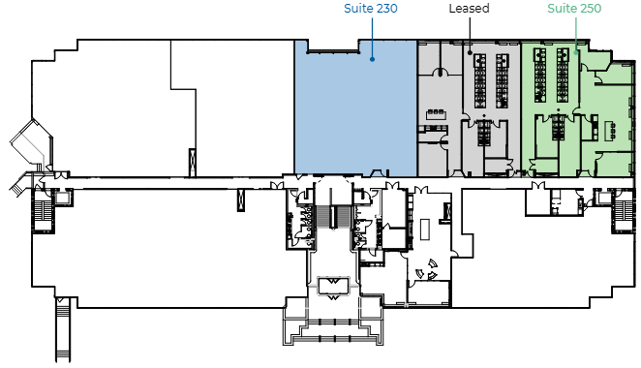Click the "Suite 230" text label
[371, 8]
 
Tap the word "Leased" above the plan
[469, 8]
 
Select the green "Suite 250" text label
[574, 8]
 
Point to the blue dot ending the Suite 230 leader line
[372, 59]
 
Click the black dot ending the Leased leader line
[470, 52]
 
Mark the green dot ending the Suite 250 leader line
[576, 52]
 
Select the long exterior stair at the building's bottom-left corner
[63, 329]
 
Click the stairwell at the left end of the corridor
[42, 210]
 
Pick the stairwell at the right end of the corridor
[623, 211]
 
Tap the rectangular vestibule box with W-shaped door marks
[334, 286]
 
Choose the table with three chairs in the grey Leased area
[436, 113]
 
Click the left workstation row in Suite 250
[540, 76]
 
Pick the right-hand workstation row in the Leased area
[502, 81]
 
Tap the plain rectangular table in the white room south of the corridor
[425, 230]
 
